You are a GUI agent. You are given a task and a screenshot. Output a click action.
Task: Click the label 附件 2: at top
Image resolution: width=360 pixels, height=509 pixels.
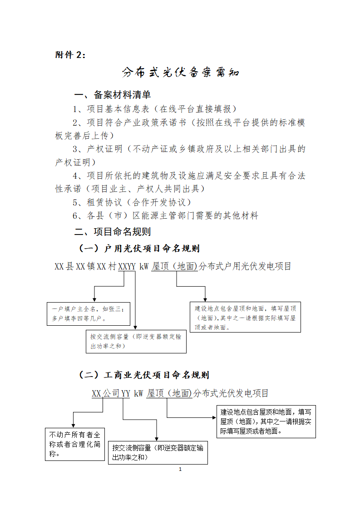(70, 54)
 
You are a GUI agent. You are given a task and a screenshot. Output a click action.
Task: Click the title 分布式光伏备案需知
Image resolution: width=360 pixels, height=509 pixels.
(180, 73)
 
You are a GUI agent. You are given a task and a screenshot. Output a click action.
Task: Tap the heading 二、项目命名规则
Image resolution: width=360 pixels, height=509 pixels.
(113, 232)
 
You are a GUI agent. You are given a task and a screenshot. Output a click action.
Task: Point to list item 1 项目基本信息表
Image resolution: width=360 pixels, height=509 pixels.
(154, 109)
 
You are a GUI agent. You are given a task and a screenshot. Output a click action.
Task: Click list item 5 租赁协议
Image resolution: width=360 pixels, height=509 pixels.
(132, 202)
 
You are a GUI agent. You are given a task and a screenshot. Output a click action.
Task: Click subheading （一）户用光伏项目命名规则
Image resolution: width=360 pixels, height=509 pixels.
(139, 249)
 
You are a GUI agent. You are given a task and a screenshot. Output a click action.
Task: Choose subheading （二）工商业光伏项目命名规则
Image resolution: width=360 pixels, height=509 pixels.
(143, 375)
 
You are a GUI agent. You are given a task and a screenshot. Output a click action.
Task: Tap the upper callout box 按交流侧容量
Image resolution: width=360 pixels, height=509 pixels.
(136, 341)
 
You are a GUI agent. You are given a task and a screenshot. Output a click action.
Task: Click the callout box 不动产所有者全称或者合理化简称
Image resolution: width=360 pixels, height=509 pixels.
(75, 444)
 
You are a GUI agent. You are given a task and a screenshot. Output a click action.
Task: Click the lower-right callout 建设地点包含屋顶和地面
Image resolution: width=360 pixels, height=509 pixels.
(266, 421)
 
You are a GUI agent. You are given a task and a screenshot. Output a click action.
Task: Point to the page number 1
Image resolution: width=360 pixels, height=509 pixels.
(180, 469)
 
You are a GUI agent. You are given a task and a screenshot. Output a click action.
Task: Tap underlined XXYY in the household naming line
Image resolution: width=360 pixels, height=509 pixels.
(127, 267)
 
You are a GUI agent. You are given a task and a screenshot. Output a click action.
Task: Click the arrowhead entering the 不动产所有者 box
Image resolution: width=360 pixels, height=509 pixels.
(73, 425)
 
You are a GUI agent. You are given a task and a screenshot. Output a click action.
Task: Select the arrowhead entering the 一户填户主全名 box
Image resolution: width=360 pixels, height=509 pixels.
(94, 299)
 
